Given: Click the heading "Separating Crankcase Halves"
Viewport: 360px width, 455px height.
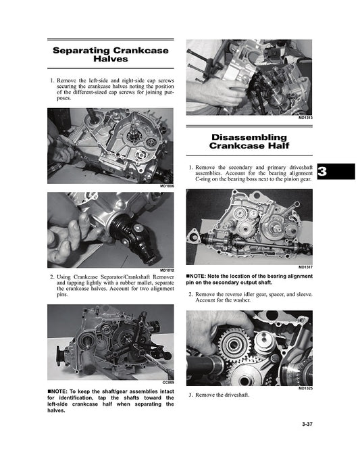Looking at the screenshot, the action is click(111, 55).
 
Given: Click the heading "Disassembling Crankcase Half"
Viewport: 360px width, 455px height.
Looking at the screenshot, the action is click(249, 141).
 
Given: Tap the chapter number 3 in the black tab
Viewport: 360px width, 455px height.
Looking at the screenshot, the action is click(322, 171).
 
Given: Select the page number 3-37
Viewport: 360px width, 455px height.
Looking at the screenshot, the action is click(307, 424).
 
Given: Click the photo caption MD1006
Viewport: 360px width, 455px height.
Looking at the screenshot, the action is click(168, 186).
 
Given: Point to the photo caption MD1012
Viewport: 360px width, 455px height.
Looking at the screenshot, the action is click(168, 270).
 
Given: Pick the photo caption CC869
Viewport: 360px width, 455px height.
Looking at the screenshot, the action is click(168, 383).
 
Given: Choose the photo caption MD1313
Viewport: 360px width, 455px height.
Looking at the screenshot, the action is click(306, 118).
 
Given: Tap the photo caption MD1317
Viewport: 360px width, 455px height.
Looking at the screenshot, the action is click(306, 267).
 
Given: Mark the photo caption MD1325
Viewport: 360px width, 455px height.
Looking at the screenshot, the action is click(306, 388).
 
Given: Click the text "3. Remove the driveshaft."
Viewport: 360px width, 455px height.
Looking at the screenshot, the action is click(219, 395).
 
